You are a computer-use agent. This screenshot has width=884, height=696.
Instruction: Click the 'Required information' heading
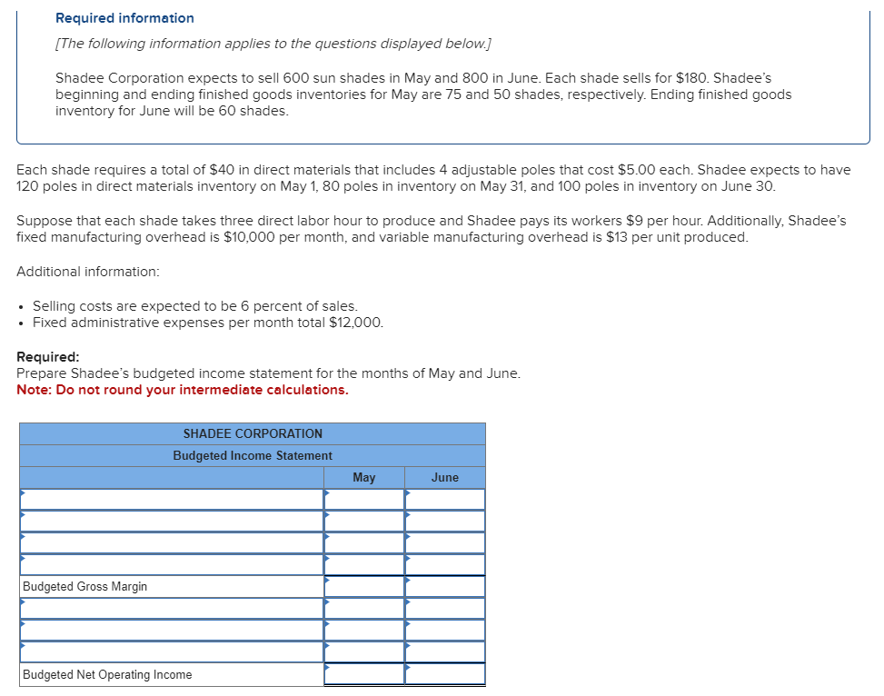click(124, 18)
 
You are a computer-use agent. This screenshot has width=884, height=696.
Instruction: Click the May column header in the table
click(363, 477)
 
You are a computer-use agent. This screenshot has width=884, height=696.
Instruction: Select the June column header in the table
click(444, 477)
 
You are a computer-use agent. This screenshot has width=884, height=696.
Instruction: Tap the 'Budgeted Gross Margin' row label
click(85, 586)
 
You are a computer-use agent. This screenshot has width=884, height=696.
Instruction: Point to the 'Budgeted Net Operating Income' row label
click(107, 674)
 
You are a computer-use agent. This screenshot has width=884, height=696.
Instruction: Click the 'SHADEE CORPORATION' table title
click(253, 433)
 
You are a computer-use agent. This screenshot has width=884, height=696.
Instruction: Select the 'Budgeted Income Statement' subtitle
click(253, 455)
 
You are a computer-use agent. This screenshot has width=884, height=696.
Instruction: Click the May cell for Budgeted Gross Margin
click(363, 586)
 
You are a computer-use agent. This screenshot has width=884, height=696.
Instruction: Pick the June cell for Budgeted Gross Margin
click(444, 586)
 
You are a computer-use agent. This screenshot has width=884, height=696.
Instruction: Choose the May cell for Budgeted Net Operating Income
click(363, 674)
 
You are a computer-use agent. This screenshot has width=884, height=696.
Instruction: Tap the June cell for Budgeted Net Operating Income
click(444, 674)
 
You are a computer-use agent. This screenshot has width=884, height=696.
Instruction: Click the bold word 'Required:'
click(48, 357)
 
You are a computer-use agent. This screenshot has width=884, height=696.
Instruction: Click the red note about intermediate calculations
click(182, 390)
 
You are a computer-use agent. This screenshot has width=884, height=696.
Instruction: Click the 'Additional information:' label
click(87, 272)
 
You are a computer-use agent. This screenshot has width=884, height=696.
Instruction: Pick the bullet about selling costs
click(195, 306)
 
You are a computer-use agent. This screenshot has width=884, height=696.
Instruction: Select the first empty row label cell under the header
click(172, 499)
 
